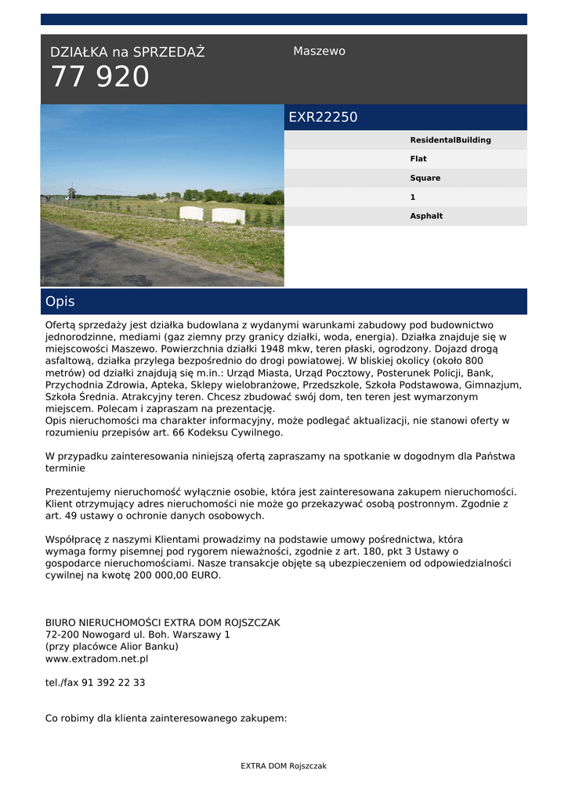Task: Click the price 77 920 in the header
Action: [x=99, y=77]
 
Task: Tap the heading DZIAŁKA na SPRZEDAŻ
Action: [x=127, y=52]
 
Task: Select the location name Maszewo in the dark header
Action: [x=319, y=51]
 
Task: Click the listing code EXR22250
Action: [x=323, y=117]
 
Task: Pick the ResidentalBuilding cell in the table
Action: [x=450, y=140]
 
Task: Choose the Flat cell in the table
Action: [x=418, y=159]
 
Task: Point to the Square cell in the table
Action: [x=425, y=178]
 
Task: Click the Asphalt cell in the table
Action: [x=426, y=216]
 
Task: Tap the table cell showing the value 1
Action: [x=413, y=197]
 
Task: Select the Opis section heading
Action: [x=60, y=302]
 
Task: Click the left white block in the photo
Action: [x=191, y=213]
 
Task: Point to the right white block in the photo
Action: [x=228, y=215]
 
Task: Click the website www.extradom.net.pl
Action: [x=96, y=659]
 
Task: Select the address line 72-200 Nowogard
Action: [x=138, y=634]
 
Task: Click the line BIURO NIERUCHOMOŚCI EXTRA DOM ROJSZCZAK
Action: [x=162, y=623]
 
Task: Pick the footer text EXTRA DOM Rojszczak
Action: [x=284, y=766]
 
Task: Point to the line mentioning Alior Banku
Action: [x=112, y=647]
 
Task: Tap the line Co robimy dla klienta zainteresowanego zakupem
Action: [x=166, y=717]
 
